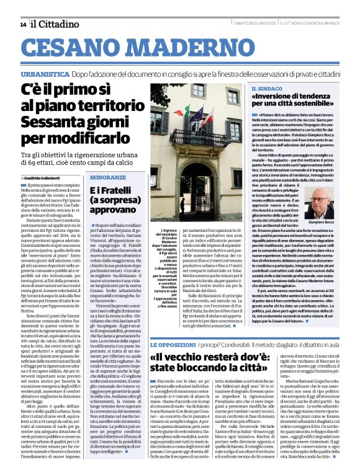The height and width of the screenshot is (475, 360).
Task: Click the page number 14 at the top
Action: (23, 24)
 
